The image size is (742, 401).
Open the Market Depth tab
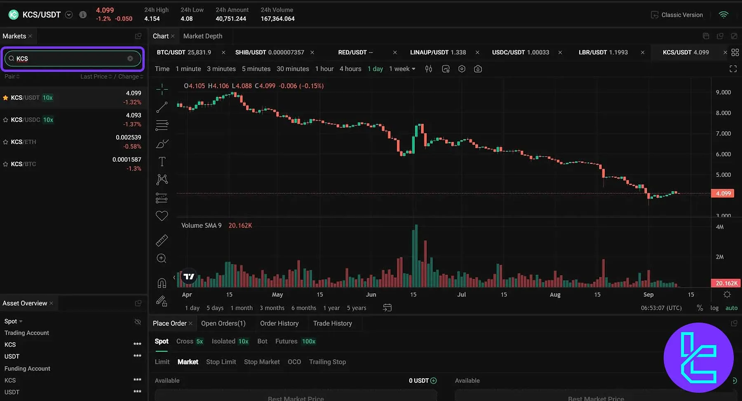click(x=202, y=36)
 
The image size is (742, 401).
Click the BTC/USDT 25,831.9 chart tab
click(x=184, y=52)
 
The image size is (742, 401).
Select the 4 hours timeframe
click(x=350, y=69)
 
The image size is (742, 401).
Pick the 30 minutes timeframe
click(x=293, y=69)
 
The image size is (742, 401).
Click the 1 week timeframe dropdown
click(x=402, y=69)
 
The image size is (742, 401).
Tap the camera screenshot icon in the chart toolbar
click(x=478, y=69)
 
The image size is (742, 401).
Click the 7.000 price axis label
click(x=723, y=134)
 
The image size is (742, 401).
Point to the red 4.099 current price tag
click(x=723, y=193)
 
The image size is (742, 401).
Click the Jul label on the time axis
click(x=461, y=295)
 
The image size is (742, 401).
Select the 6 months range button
click(x=303, y=308)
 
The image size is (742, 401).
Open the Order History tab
click(x=279, y=323)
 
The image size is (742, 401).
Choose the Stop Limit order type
click(x=221, y=362)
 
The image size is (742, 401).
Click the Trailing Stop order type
click(x=327, y=362)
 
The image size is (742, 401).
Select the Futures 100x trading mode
click(x=295, y=341)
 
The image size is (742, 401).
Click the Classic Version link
click(x=681, y=15)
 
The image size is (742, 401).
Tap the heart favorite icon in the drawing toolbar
click(x=162, y=216)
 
